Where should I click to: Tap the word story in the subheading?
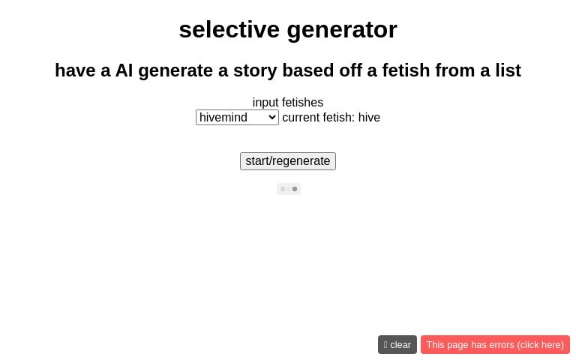(x=253, y=70)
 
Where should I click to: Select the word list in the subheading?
(x=508, y=70)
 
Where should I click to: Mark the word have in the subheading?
(x=75, y=70)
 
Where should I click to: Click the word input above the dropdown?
(x=265, y=103)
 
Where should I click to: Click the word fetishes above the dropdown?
(x=303, y=103)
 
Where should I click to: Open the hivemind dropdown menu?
(x=237, y=118)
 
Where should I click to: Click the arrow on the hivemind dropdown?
(x=271, y=118)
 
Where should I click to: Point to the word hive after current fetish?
(x=369, y=118)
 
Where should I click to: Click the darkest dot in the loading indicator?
(x=295, y=189)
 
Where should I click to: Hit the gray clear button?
(x=397, y=345)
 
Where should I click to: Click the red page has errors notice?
(x=495, y=345)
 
